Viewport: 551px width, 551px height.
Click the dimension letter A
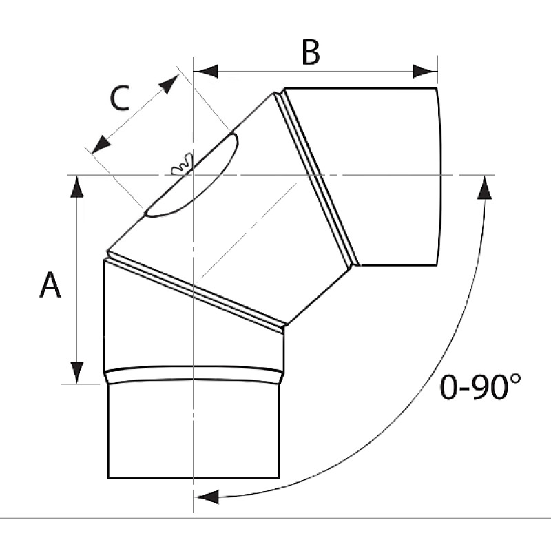click(50, 285)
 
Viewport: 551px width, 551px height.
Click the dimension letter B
click(311, 52)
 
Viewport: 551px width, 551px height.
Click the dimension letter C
click(119, 98)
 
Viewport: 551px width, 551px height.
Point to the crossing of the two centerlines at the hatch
click(194, 174)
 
